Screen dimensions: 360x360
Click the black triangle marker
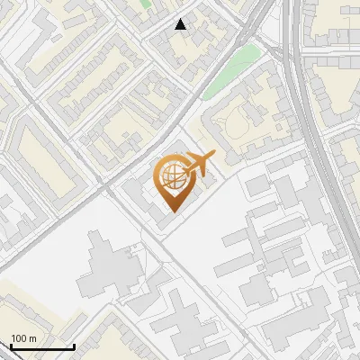click(x=181, y=24)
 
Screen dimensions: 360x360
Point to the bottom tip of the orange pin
click(x=171, y=212)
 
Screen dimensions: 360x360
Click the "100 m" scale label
click(x=23, y=338)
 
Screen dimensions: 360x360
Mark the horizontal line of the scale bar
click(x=41, y=346)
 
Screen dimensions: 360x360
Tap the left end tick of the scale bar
click(x=10, y=345)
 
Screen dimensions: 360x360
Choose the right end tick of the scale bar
click(x=74, y=345)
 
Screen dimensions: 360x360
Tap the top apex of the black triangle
click(x=181, y=19)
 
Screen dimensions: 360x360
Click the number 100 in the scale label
click(x=19, y=338)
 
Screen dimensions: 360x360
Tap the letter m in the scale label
click(x=32, y=339)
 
